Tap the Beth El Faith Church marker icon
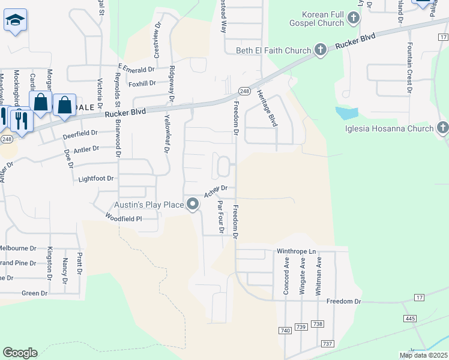321,50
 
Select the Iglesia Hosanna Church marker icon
442,128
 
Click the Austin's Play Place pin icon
193,205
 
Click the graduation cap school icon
15,21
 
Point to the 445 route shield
410,318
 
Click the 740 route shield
285,331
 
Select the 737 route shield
327,343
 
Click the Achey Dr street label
215,190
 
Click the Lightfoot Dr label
96,179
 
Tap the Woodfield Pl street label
123,218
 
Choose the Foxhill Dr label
142,83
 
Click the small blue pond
347,113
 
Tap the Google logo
20,352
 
